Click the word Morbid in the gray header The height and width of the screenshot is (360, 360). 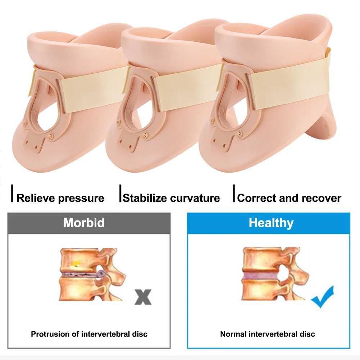point(84,223)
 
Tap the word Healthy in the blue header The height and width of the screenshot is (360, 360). point(271,223)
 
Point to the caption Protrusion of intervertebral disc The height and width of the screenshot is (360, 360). point(89,334)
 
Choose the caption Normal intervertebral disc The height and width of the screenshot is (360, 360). point(268,334)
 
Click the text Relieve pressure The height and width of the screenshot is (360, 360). point(60,198)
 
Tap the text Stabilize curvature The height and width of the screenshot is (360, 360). point(171,198)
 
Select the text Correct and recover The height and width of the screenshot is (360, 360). point(289,198)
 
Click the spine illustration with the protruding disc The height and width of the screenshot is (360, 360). point(92,273)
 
